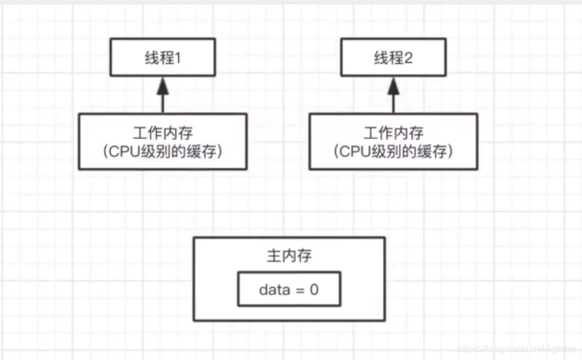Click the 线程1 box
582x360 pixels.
(162, 59)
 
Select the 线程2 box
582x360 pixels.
(393, 59)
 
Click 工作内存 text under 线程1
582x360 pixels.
(162, 133)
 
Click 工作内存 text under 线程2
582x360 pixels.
(393, 133)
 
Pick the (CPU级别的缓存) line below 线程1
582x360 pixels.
(162, 151)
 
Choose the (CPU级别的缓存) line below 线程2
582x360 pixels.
(393, 151)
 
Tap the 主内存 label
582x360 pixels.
(289, 256)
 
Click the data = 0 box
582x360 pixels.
(289, 289)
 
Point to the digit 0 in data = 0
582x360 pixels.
(314, 289)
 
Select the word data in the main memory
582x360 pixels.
(272, 289)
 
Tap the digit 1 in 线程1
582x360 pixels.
(179, 59)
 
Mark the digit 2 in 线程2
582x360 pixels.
(410, 59)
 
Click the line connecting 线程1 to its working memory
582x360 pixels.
(162, 104)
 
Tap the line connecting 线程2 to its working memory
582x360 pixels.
(393, 104)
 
